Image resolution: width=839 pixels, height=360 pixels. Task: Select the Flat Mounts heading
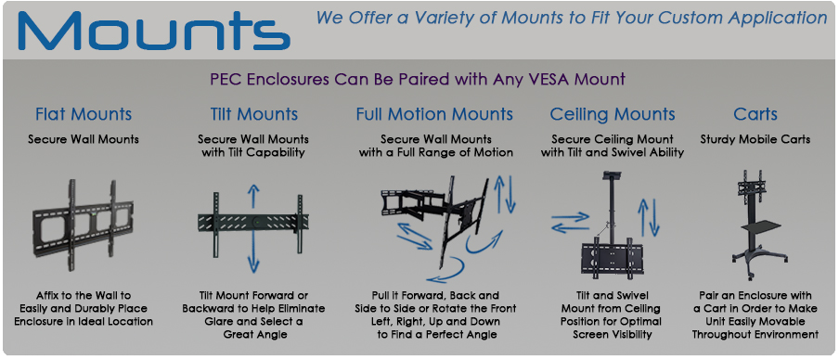coord(84,115)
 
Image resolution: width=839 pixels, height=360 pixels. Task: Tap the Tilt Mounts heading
coord(253,115)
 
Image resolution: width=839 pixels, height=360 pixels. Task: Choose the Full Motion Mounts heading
coord(434,115)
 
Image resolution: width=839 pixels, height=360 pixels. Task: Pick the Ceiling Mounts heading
coord(613,115)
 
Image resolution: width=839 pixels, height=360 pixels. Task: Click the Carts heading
coord(755,115)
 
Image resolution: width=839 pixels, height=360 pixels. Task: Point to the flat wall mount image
coord(84,223)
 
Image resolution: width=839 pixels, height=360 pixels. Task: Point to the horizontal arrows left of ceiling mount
coord(569,223)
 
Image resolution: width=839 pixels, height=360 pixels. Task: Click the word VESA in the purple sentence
coord(524,80)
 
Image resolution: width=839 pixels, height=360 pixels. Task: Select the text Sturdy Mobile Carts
coord(755,140)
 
